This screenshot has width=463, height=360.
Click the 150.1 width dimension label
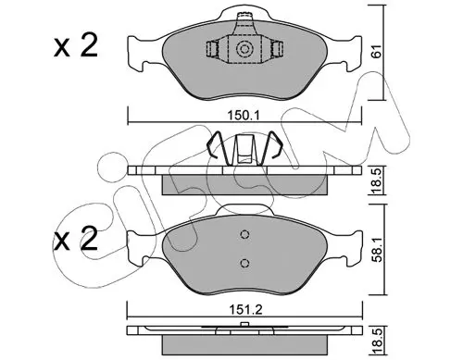(x=244, y=116)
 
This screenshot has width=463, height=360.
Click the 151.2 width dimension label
(x=245, y=309)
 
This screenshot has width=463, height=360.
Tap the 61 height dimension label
(x=377, y=51)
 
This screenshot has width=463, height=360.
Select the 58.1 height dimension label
(x=377, y=250)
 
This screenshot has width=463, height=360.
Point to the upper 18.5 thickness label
(x=377, y=180)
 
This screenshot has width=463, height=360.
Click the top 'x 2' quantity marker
(x=76, y=45)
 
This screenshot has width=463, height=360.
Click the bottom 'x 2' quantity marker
(x=76, y=239)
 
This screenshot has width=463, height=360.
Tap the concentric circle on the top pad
(x=244, y=49)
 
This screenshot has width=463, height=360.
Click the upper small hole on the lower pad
(x=244, y=235)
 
